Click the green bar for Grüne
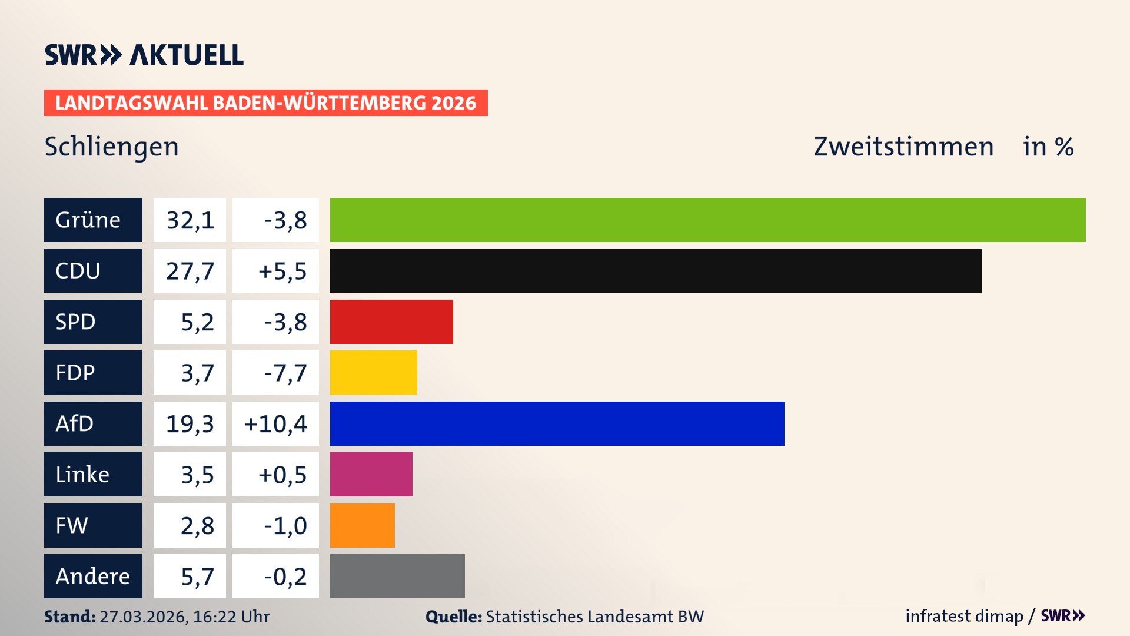[707, 220]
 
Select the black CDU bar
[655, 270]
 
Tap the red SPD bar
[391, 322]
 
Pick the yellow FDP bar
[373, 372]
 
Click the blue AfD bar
[557, 423]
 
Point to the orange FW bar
[362, 525]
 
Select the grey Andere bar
[397, 576]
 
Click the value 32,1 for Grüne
[190, 220]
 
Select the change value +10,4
[275, 423]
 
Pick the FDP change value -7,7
[285, 372]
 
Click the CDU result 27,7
[190, 270]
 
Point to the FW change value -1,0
[285, 525]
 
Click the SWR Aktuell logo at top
[144, 55]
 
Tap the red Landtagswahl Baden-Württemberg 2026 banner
[265, 102]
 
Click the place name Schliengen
[111, 147]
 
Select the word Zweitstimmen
[903, 147]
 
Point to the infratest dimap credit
[964, 616]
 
